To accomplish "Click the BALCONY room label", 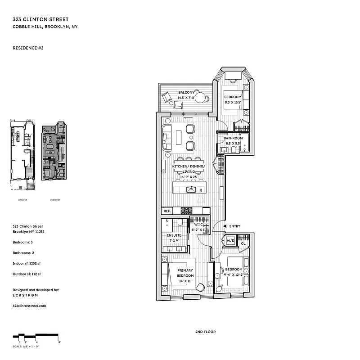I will point(186,92).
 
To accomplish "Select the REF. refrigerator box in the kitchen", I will point(166,211).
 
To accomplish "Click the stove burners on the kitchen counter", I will point(186,211).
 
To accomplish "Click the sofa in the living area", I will point(166,138).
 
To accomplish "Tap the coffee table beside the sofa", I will point(179,137).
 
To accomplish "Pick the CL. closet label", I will point(243,243).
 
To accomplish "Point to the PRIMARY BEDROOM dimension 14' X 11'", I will point(185,280).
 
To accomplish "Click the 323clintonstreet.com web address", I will point(30,305).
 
